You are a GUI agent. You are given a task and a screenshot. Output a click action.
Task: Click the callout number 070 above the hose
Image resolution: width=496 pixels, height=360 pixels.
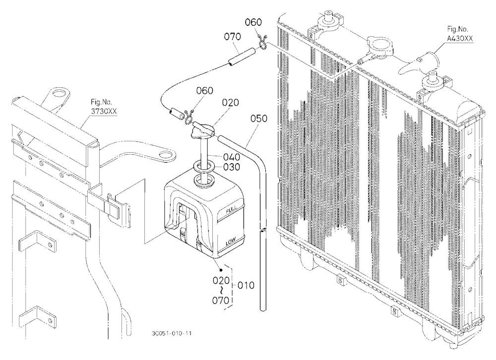point(233,37)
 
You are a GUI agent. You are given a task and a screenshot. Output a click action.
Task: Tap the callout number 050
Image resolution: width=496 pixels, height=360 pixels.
point(259,119)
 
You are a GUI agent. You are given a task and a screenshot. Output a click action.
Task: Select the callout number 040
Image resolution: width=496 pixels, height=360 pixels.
point(232,157)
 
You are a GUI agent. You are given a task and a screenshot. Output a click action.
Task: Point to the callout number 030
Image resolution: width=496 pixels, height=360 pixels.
point(232,167)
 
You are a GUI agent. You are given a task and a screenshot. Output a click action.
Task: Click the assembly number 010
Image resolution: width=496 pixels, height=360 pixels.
point(246,285)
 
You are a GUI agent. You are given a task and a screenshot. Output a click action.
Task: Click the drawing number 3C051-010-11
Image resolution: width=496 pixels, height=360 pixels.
point(172,333)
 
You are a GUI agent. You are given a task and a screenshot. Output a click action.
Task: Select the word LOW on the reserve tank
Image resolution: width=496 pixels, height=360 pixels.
point(231,243)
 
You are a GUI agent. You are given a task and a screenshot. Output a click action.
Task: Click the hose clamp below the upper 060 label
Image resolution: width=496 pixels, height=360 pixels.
point(263,43)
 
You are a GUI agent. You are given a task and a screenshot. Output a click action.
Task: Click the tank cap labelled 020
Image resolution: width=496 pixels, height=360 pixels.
point(202,130)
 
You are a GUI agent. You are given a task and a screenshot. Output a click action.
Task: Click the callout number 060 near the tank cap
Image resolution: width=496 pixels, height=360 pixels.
point(205,91)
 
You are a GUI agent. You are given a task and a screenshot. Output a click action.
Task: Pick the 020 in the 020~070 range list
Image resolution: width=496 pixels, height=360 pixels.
point(221,280)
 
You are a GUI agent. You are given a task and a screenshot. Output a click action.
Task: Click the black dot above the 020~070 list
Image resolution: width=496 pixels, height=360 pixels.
point(221,270)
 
